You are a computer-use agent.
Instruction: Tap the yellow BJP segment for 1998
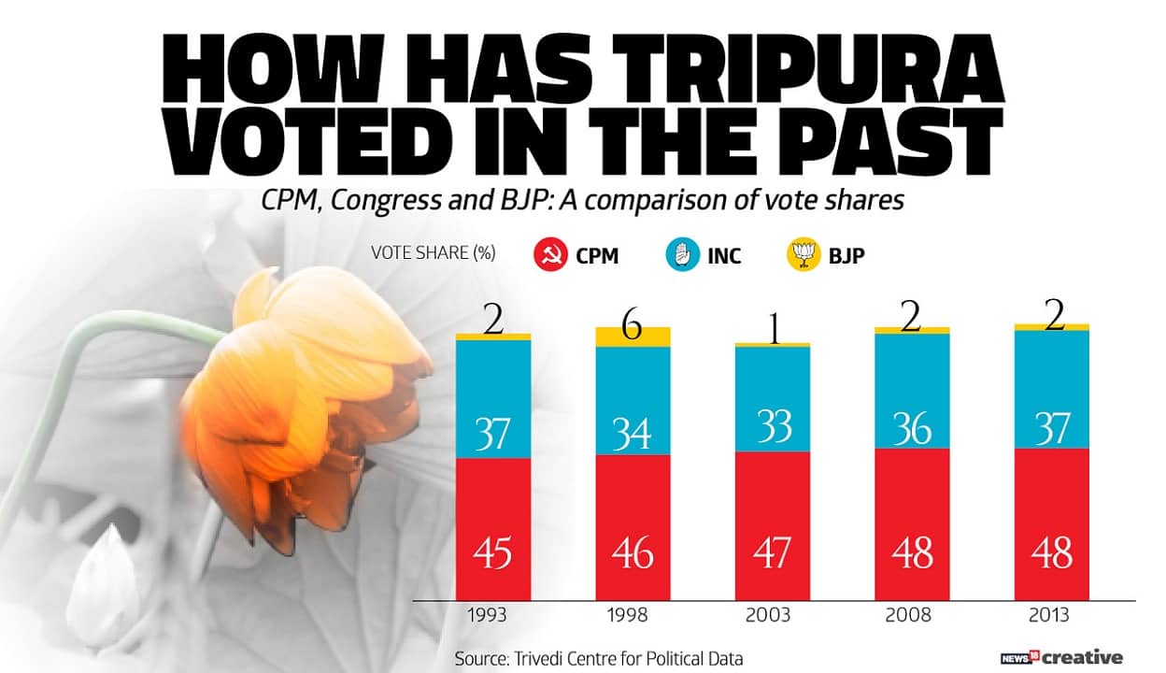(633, 337)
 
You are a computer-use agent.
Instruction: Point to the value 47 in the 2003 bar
(773, 553)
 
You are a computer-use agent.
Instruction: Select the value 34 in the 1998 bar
(633, 432)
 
